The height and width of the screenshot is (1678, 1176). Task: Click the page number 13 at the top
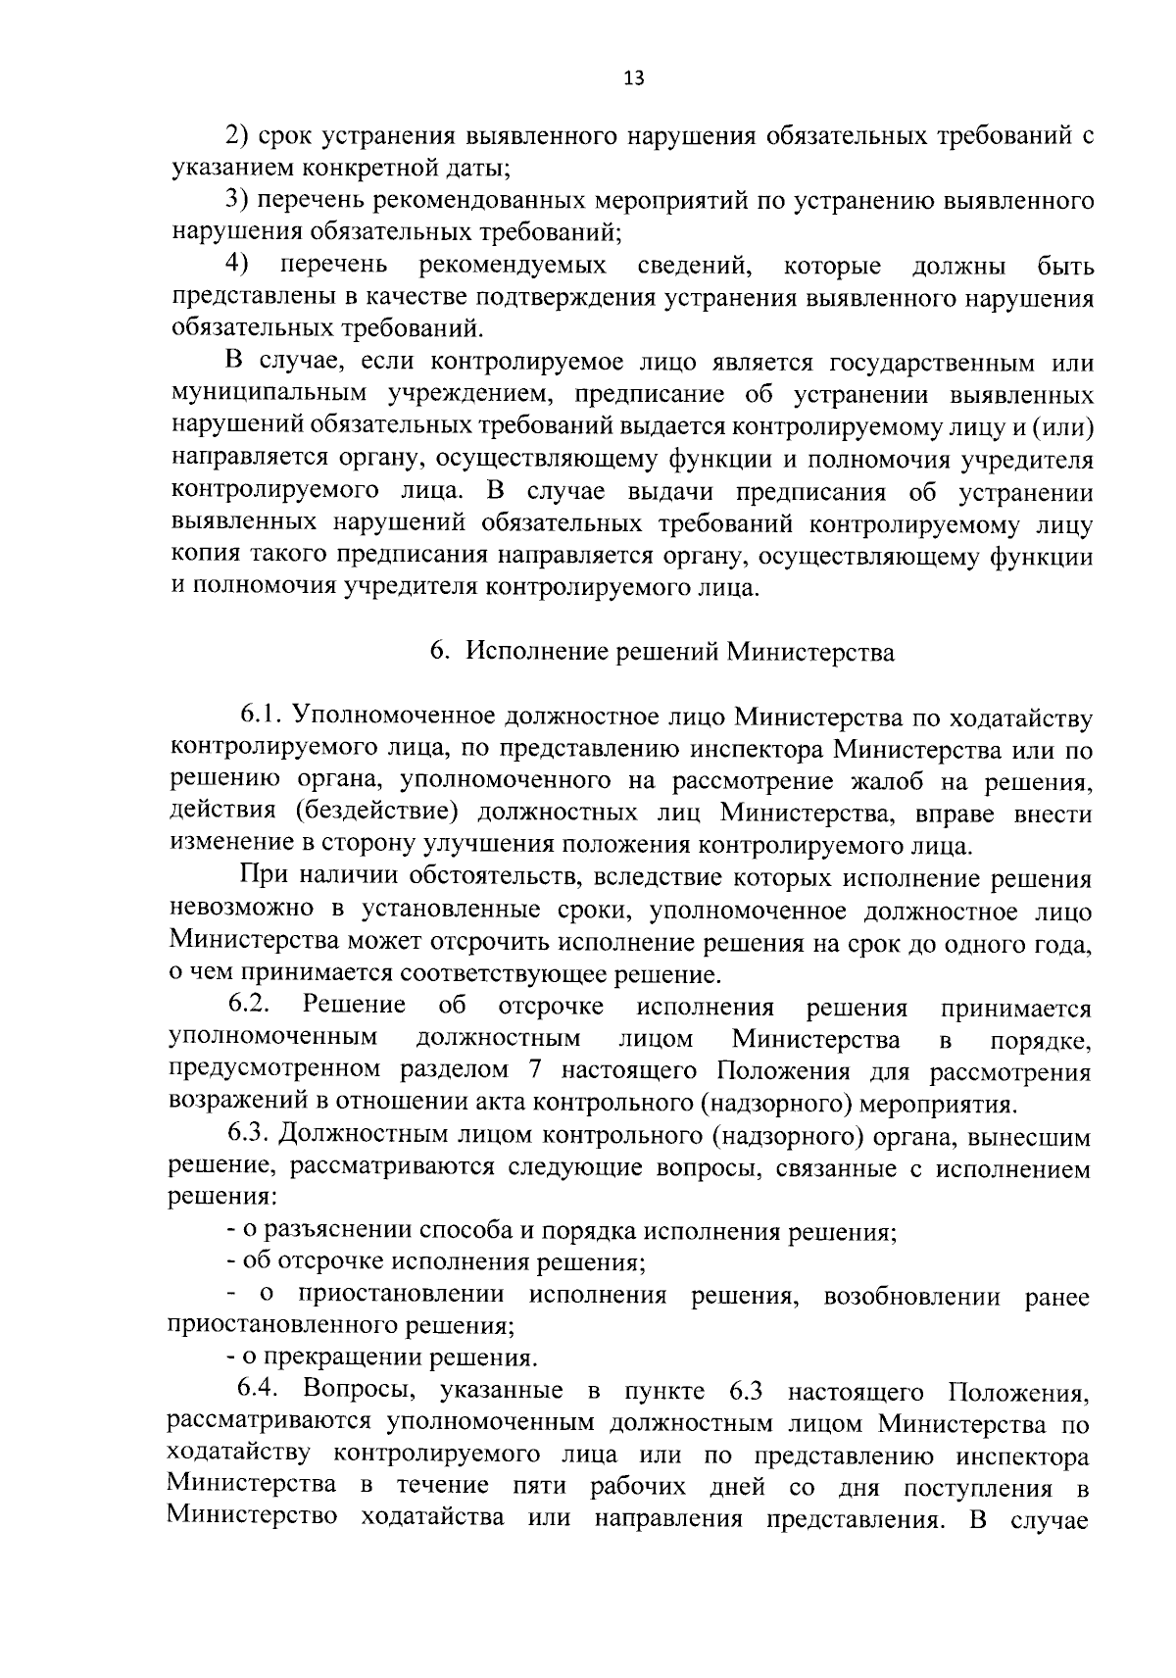click(633, 78)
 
